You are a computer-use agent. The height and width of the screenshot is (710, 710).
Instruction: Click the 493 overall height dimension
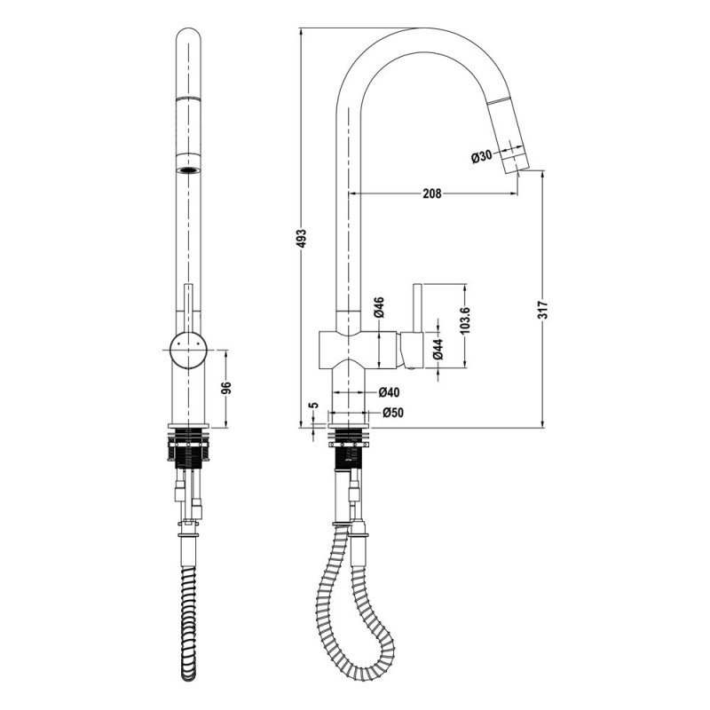tap(302, 238)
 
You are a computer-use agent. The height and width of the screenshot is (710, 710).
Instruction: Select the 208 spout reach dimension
tap(432, 193)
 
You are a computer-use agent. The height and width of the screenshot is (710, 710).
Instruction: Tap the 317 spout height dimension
tap(543, 309)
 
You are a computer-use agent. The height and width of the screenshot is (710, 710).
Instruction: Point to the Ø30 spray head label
tap(481, 157)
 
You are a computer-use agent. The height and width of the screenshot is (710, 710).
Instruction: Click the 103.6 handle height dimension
tap(467, 320)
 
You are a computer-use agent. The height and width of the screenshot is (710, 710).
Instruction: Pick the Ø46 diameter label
tap(379, 307)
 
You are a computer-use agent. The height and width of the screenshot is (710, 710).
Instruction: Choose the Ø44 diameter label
tap(438, 349)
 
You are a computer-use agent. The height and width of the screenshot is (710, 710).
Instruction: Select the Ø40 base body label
tap(389, 391)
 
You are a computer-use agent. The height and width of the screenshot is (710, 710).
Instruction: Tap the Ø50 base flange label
tap(392, 413)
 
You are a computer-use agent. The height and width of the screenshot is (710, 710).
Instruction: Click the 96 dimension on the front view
tap(226, 388)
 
